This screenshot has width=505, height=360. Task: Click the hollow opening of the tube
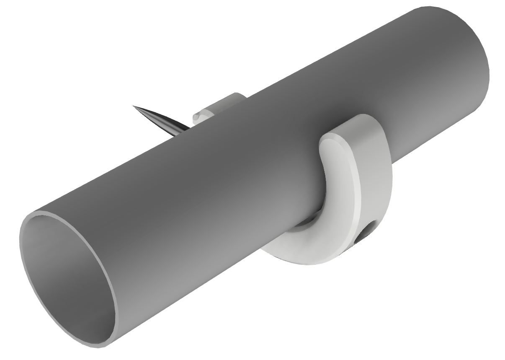coord(67,277)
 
